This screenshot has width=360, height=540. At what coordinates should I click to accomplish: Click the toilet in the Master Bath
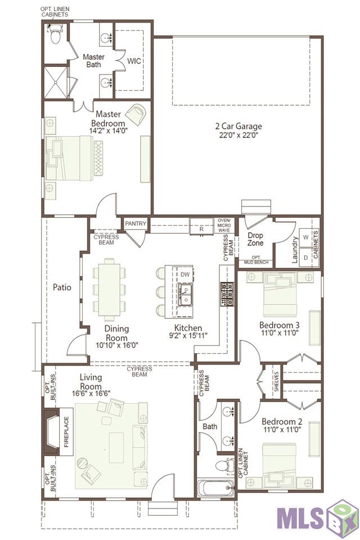coord(55,34)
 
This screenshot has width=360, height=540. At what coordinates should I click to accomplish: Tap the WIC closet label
coord(134,61)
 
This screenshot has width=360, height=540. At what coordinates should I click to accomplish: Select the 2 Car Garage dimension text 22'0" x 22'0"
coord(238,135)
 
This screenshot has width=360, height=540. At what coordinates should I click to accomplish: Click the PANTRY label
coord(136,223)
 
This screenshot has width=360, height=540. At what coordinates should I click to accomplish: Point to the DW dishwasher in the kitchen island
coord(185,274)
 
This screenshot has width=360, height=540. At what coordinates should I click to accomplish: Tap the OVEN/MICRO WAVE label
coord(224,225)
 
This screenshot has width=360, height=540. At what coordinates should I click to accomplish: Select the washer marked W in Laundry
coord(305,237)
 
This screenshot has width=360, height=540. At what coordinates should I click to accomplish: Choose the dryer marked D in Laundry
coord(305,257)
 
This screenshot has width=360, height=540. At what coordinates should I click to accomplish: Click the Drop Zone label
coord(255,239)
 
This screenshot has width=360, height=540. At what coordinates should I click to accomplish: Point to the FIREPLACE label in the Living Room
coord(66,432)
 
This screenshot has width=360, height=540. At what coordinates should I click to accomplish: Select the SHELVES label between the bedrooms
coord(276,381)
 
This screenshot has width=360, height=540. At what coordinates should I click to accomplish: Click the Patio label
coord(62,287)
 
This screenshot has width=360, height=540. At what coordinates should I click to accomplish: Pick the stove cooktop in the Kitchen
coord(227,294)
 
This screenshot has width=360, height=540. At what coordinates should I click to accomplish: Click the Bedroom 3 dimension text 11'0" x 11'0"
coord(280,333)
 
